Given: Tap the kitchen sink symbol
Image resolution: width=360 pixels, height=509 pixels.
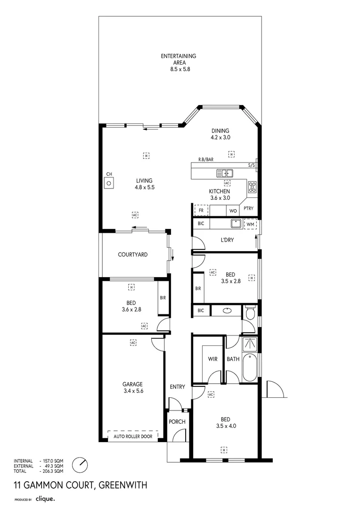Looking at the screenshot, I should (224, 173).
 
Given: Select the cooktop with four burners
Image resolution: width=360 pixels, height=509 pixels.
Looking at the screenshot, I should (253, 187).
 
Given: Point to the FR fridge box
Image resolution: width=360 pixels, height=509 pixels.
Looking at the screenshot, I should (201, 210).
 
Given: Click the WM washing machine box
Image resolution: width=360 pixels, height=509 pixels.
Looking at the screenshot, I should (250, 224).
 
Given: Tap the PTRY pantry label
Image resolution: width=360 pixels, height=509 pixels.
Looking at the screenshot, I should (249, 209).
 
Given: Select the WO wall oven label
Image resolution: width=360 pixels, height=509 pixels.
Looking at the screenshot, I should (233, 211).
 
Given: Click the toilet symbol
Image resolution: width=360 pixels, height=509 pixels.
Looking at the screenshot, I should (250, 312).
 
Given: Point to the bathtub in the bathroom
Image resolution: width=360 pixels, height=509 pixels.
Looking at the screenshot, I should (250, 368).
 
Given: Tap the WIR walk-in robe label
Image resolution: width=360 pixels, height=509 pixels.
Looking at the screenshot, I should (213, 359).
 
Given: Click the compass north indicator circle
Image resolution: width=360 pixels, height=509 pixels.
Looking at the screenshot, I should (80, 465).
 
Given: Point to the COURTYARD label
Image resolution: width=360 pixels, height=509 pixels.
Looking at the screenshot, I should (132, 254).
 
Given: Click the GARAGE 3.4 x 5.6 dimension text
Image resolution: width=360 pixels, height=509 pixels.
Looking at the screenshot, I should (133, 391).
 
